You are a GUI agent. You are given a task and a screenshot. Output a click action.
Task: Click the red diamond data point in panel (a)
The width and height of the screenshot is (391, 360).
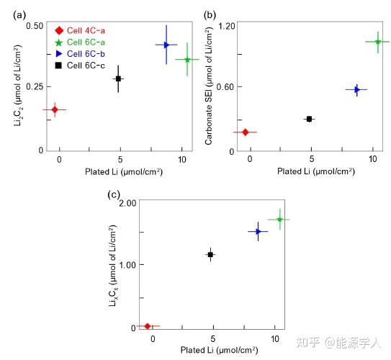[55, 109]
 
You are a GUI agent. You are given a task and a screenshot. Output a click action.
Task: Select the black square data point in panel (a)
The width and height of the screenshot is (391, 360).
[119, 78]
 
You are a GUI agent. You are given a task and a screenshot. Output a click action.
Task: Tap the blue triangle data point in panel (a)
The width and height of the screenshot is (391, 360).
[166, 45]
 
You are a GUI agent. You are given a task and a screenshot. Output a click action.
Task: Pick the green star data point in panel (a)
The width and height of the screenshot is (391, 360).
[187, 60]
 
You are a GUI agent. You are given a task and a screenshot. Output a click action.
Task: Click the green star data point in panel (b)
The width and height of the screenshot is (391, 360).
[377, 42]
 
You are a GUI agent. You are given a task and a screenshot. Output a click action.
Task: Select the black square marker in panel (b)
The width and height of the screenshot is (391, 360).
[310, 119]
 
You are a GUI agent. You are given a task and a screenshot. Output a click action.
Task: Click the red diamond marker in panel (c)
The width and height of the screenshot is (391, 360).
[148, 326]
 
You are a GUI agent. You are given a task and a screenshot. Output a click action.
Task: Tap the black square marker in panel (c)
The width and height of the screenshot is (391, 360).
[211, 254]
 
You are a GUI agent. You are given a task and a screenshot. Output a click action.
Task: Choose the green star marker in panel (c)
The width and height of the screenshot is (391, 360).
[279, 219]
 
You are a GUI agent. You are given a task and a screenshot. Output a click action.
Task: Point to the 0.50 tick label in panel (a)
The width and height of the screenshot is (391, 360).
[34, 26]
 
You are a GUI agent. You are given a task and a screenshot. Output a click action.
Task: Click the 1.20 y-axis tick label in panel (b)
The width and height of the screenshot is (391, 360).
[227, 26]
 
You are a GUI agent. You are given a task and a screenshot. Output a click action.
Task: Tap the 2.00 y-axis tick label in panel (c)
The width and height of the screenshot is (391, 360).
[127, 203]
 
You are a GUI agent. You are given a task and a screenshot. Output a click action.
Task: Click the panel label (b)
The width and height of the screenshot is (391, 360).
[210, 14]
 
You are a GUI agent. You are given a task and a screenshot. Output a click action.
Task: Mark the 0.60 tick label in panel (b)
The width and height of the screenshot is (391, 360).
[227, 87]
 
